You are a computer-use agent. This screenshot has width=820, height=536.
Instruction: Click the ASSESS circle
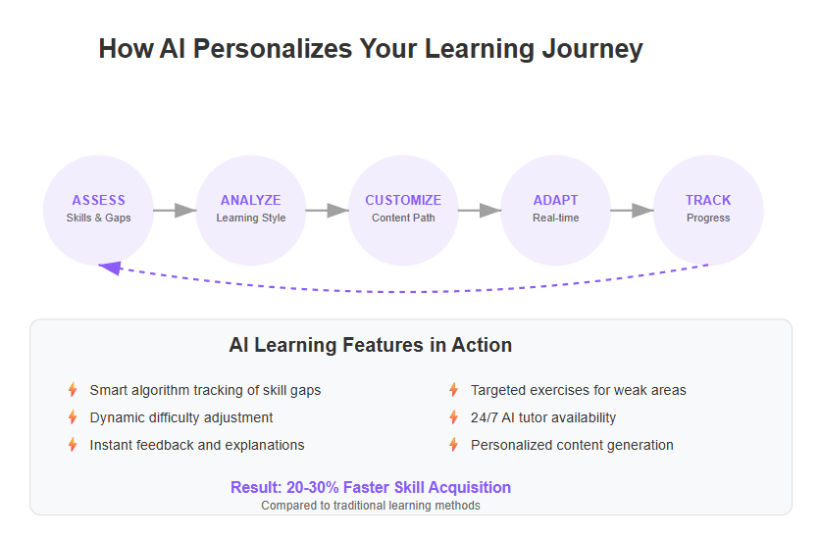pyautogui.click(x=98, y=210)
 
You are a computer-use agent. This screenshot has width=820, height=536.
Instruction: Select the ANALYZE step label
pyautogui.click(x=250, y=200)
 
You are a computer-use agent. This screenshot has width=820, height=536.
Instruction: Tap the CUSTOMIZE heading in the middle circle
pyautogui.click(x=403, y=200)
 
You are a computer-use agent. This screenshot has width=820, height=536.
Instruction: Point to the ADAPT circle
pyautogui.click(x=555, y=210)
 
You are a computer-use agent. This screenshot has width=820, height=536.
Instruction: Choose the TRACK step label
pyautogui.click(x=708, y=200)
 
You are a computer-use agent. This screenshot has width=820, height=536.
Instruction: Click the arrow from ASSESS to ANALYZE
pyautogui.click(x=175, y=211)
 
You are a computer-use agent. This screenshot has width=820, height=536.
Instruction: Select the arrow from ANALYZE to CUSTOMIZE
pyautogui.click(x=327, y=211)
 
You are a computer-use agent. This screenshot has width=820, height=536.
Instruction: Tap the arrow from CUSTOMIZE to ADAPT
pyautogui.click(x=480, y=211)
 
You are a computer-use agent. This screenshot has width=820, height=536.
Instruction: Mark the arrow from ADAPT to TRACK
pyautogui.click(x=632, y=211)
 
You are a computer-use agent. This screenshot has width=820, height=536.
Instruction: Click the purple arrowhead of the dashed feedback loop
pyautogui.click(x=111, y=268)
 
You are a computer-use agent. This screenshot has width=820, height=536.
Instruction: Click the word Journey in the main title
pyautogui.click(x=592, y=49)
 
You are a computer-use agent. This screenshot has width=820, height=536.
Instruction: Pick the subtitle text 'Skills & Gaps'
pyautogui.click(x=98, y=218)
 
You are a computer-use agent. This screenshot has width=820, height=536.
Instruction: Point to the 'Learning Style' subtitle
pyautogui.click(x=251, y=218)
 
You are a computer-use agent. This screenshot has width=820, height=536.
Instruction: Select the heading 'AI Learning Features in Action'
pyautogui.click(x=370, y=345)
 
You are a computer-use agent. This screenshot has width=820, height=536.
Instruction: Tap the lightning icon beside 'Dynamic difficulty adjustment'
pyautogui.click(x=73, y=417)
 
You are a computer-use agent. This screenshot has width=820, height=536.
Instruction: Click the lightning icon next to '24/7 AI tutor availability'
pyautogui.click(x=453, y=417)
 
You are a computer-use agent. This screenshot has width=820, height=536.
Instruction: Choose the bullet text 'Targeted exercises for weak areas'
pyautogui.click(x=579, y=390)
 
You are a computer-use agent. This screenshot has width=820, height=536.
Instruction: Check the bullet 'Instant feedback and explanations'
pyautogui.click(x=197, y=445)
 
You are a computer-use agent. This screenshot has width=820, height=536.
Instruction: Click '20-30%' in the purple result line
pyautogui.click(x=313, y=487)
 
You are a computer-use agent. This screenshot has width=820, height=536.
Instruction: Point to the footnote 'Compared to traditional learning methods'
pyautogui.click(x=371, y=506)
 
